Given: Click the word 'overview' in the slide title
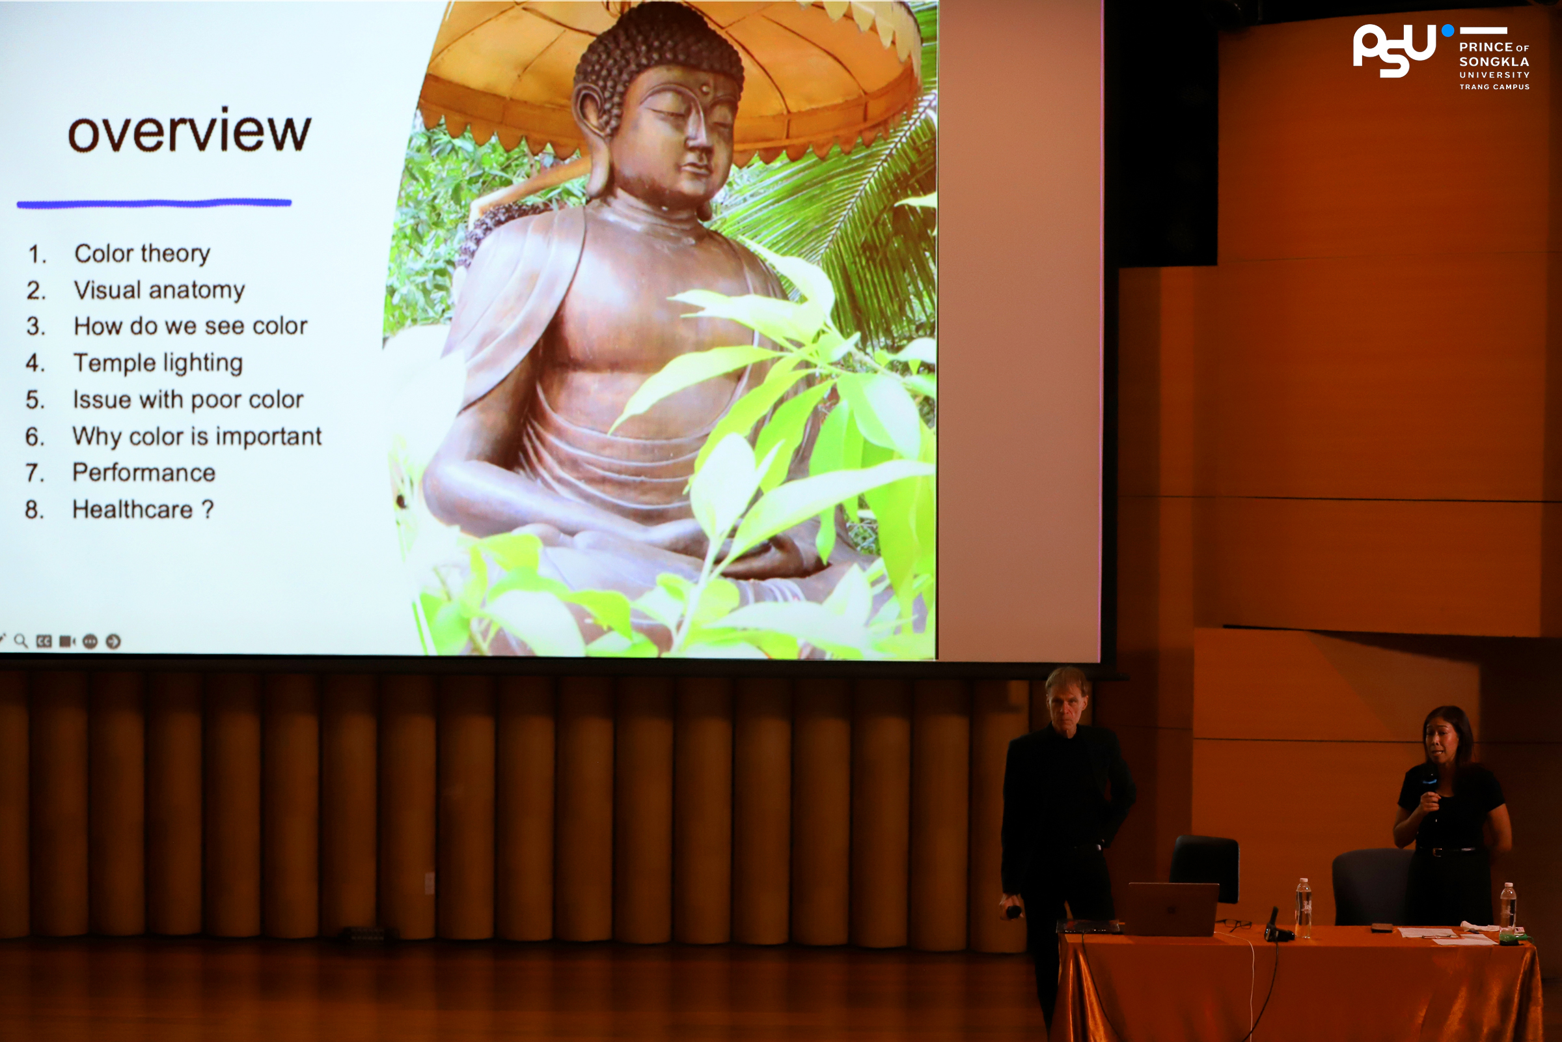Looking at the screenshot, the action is (189, 130).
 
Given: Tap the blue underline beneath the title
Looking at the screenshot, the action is (154, 203).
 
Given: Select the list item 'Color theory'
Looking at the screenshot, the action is (142, 253).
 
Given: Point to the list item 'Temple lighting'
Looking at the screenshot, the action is (158, 363).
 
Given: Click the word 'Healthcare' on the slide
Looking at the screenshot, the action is (132, 509).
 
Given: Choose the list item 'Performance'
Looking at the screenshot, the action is (144, 473).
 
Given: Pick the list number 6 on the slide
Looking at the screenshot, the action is (34, 436).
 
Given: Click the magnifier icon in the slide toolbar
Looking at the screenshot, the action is (21, 641).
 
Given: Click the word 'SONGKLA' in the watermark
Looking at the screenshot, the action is (1494, 61).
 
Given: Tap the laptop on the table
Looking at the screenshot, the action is (1173, 908).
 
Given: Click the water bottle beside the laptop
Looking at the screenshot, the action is (1304, 908).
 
